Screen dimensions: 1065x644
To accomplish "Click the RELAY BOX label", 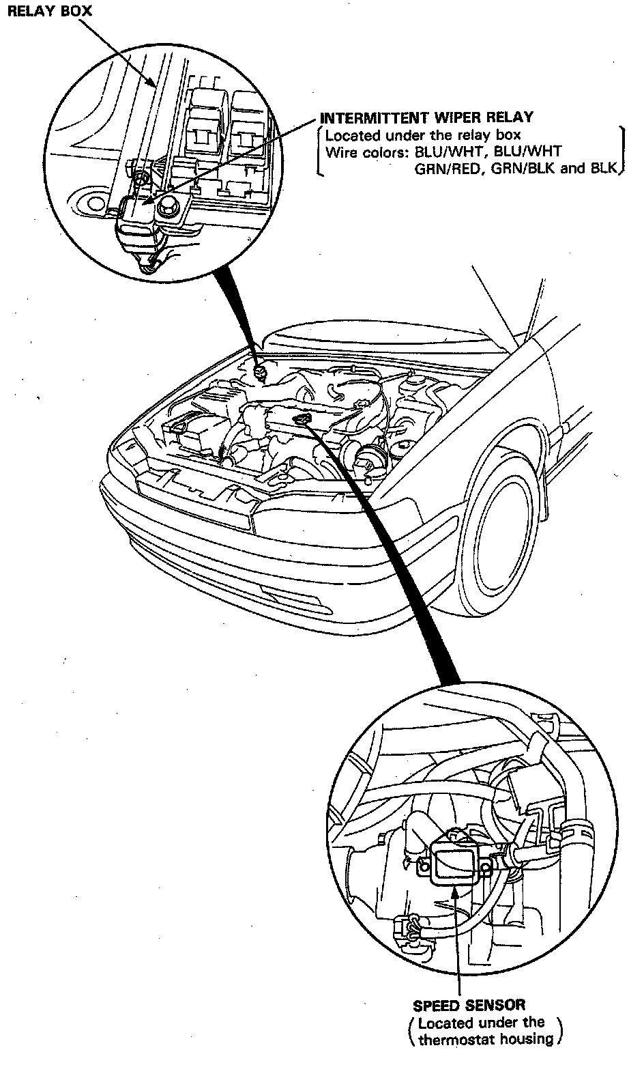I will click(x=48, y=12).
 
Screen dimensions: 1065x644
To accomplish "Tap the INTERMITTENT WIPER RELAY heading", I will click(x=427, y=117).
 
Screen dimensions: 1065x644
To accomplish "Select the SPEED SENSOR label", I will click(x=469, y=1005).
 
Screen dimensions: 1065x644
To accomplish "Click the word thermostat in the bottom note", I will click(x=454, y=1040).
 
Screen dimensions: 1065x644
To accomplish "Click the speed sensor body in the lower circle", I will click(x=456, y=857).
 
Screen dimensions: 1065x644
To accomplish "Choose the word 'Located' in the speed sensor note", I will click(x=445, y=1023).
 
